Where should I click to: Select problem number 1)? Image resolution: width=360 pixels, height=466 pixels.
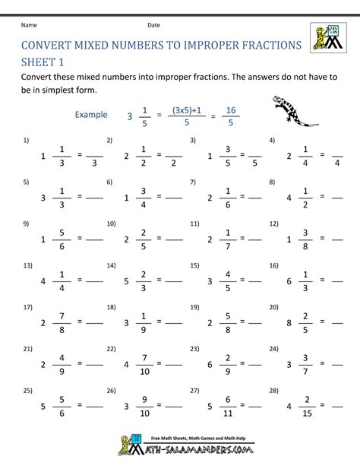click(x=26, y=141)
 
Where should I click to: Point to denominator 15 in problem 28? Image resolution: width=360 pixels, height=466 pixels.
click(x=308, y=414)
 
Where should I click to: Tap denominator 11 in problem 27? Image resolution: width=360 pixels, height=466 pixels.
click(x=226, y=414)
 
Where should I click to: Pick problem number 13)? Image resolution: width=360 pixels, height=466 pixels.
click(x=27, y=266)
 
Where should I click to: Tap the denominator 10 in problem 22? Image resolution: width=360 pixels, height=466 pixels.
click(x=144, y=372)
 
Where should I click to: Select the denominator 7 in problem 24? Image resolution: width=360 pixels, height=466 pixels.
click(x=308, y=372)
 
